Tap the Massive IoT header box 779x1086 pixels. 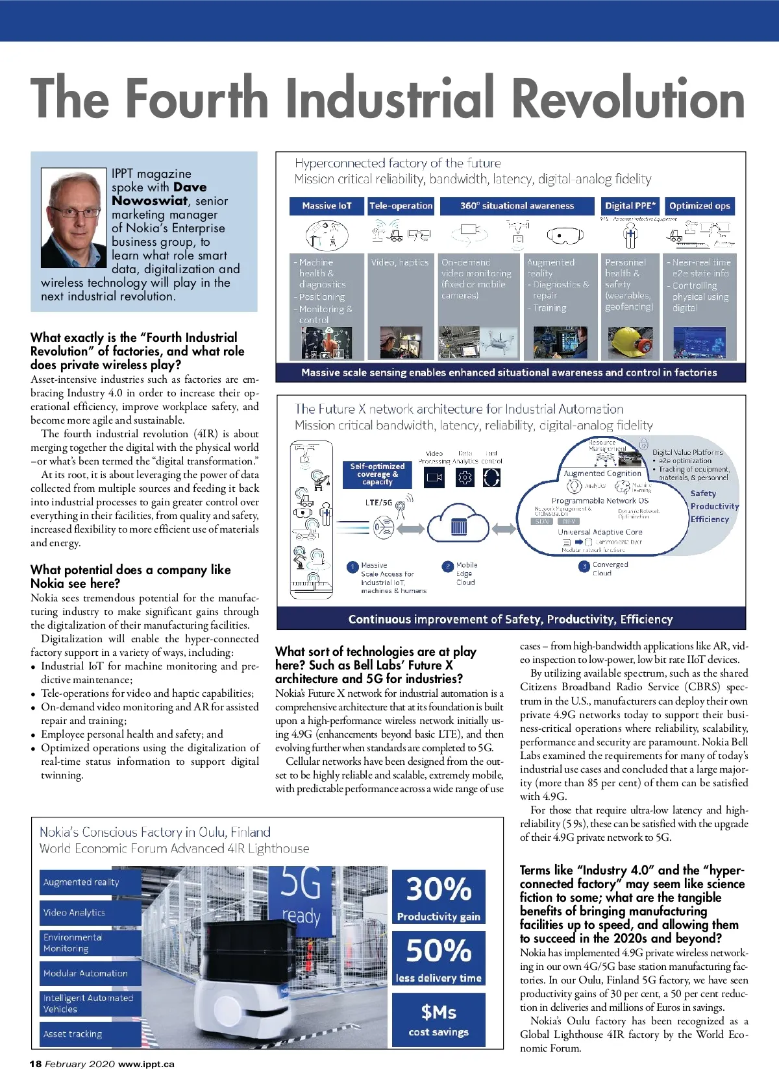[327, 206]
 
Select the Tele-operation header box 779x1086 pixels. [401, 206]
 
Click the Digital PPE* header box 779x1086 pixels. [630, 206]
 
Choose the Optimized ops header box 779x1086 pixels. [700, 206]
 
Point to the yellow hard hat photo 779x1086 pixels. [629, 342]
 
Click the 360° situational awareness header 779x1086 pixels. [517, 206]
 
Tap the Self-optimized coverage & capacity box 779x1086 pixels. [377, 474]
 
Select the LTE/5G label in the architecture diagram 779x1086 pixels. [378, 502]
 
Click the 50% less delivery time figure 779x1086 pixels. [439, 958]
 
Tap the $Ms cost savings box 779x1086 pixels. [439, 1019]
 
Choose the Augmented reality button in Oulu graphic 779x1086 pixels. [90, 882]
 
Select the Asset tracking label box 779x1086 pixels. [90, 1034]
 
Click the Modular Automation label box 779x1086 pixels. [90, 973]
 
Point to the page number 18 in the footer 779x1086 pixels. [35, 1064]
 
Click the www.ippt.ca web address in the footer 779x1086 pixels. [146, 1064]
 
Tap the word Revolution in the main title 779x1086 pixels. [627, 99]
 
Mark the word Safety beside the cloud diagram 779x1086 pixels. [703, 494]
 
